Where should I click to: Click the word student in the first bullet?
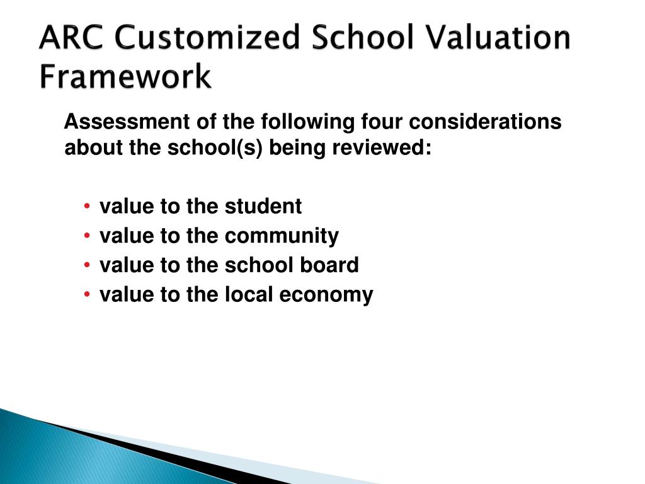263,206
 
